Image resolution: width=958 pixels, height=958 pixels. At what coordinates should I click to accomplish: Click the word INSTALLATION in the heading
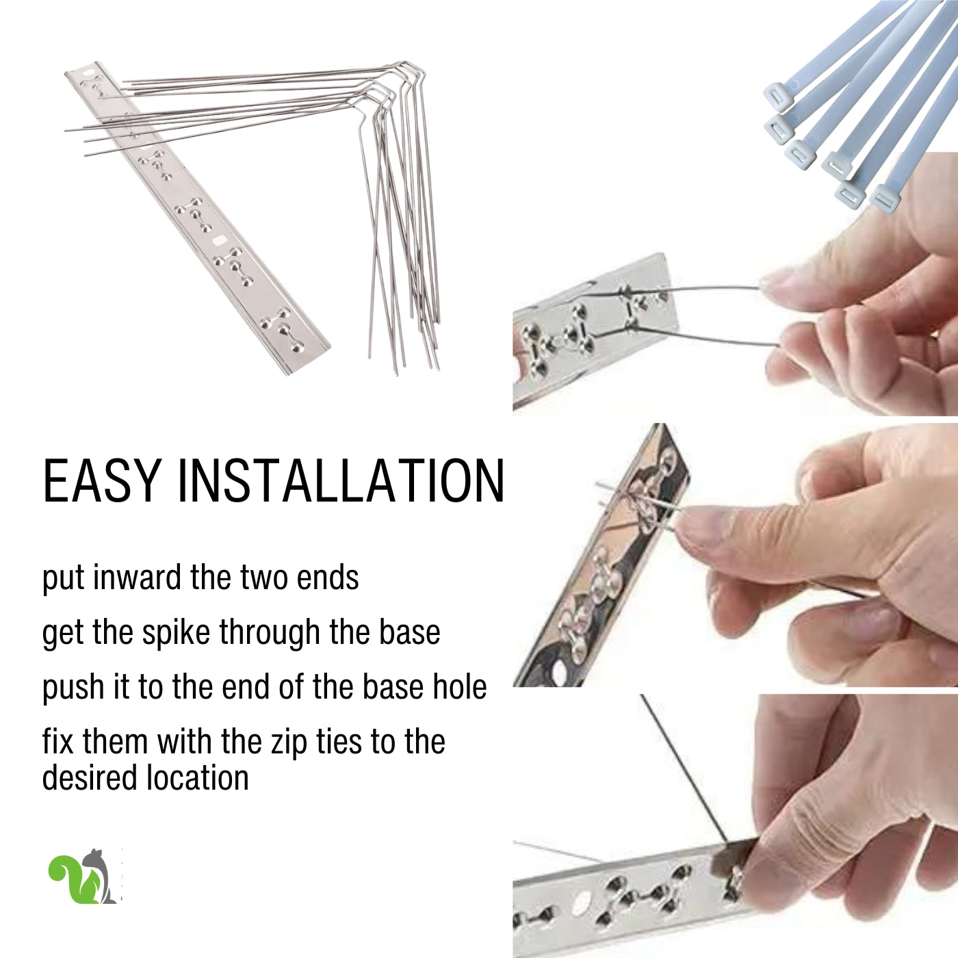click(x=341, y=480)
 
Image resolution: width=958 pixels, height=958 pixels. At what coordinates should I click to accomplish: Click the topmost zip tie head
click(x=777, y=95)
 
